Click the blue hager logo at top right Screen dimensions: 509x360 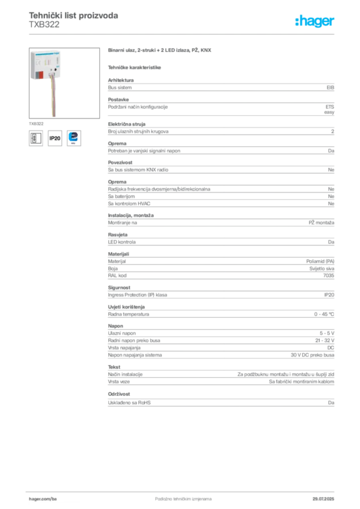tap(315, 21)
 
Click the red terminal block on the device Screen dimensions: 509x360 tap(41, 76)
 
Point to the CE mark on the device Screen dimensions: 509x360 tap(37, 64)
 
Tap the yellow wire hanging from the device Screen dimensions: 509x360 tap(51, 99)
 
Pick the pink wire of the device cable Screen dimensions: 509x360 tap(54, 99)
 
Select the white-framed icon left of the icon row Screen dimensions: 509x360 tap(35, 138)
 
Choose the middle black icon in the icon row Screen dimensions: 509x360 tap(54, 138)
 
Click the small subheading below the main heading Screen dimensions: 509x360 tap(135, 67)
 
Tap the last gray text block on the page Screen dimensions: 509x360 tap(221, 403)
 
